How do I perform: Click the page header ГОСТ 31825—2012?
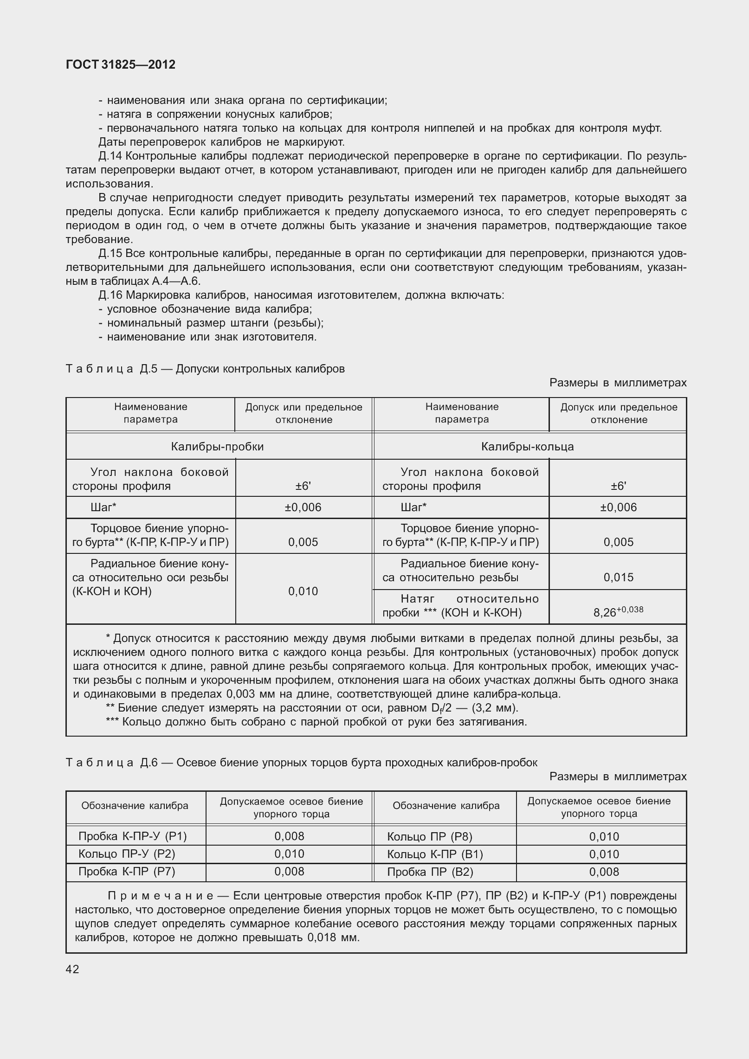(121, 65)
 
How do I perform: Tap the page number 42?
(72, 969)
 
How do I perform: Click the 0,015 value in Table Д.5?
(618, 577)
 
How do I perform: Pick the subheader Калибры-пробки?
(217, 446)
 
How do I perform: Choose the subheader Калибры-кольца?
(527, 446)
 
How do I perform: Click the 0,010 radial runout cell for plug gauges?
(303, 591)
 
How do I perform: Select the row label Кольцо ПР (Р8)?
(429, 836)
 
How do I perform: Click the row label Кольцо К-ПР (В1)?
(435, 854)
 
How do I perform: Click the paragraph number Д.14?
(110, 156)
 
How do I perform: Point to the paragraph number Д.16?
(110, 295)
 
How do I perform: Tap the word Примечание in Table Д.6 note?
(161, 895)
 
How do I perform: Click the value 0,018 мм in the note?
(332, 937)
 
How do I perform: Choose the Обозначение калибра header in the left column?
(135, 805)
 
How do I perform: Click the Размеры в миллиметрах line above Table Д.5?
(617, 383)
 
